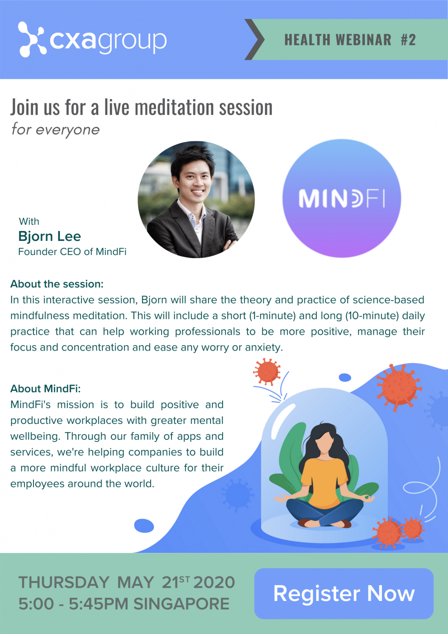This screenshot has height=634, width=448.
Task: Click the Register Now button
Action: pyautogui.click(x=343, y=594)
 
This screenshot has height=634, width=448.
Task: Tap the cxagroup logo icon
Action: pyautogui.click(x=32, y=39)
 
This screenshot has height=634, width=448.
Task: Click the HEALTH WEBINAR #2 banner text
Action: pyautogui.click(x=350, y=40)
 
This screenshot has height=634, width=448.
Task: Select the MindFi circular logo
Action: pyautogui.click(x=342, y=198)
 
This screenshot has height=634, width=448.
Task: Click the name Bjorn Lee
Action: pyautogui.click(x=49, y=236)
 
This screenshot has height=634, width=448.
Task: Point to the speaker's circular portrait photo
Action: pyautogui.click(x=196, y=200)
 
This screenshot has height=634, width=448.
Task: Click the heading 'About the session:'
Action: pyautogui.click(x=57, y=284)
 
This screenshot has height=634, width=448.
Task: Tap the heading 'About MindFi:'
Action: pyautogui.click(x=46, y=389)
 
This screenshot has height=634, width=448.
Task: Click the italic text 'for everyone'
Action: pyautogui.click(x=56, y=130)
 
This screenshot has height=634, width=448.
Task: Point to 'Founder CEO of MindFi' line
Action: pyautogui.click(x=72, y=252)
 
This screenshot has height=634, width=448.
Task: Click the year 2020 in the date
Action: pyautogui.click(x=214, y=582)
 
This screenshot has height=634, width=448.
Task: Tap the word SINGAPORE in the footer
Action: pyautogui.click(x=181, y=604)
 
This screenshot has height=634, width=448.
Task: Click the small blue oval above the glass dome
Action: pyautogui.click(x=345, y=377)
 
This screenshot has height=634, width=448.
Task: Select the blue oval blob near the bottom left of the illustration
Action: pyautogui.click(x=144, y=526)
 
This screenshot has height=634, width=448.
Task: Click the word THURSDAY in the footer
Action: pyautogui.click(x=64, y=582)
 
